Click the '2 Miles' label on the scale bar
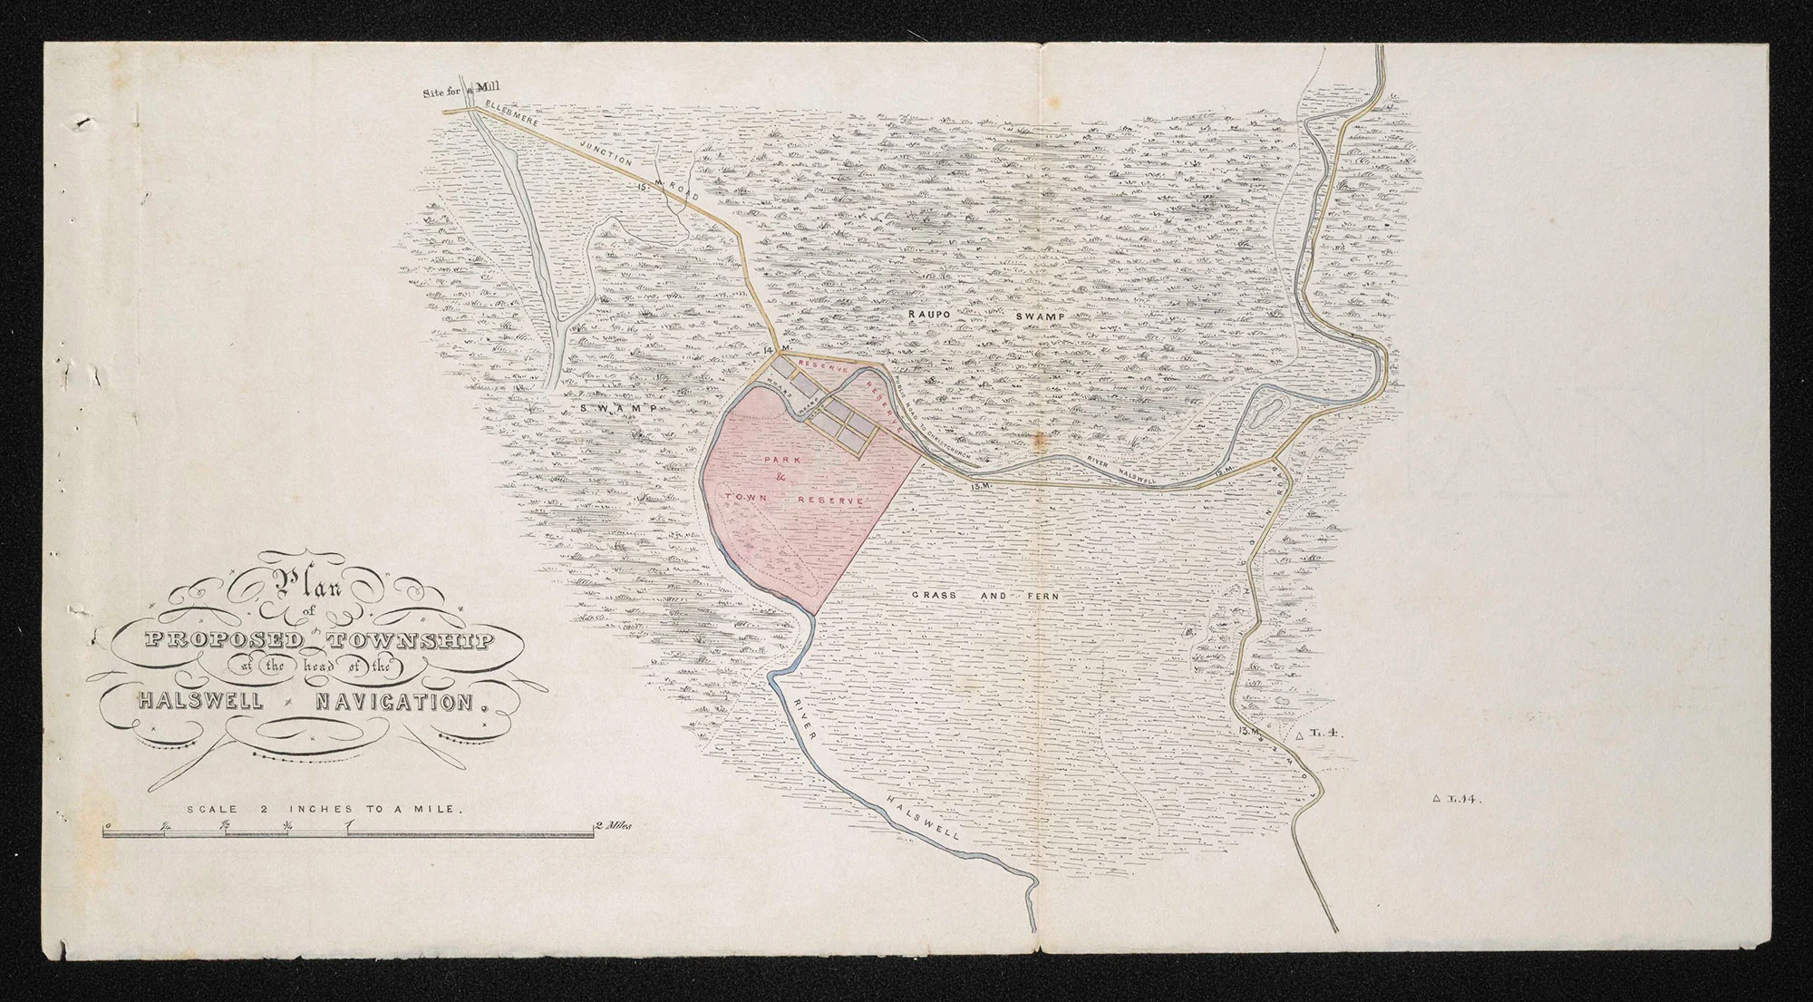coord(612,826)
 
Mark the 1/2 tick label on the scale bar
coord(225,825)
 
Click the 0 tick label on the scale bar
coord(107,825)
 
